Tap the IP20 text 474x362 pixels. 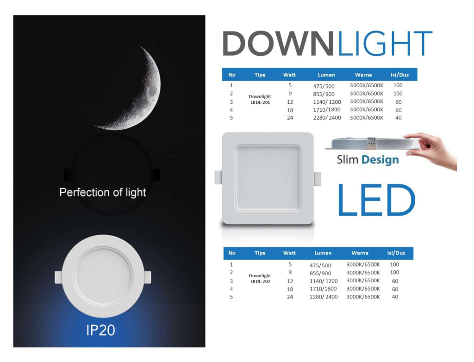click(100, 330)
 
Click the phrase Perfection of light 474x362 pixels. click(103, 192)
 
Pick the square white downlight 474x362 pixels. click(268, 178)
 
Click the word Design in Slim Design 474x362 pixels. click(380, 160)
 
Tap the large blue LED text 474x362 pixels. click(375, 201)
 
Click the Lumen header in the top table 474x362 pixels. click(326, 75)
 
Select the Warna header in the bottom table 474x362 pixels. click(360, 253)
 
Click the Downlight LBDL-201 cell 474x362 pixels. click(260, 99)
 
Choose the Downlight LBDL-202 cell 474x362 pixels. click(260, 278)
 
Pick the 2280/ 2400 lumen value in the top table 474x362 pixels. click(327, 118)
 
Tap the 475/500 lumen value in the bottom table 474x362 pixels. click(320, 266)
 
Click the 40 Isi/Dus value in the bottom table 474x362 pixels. click(395, 297)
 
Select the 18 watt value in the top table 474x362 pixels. click(290, 110)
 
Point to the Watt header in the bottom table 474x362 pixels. click(289, 253)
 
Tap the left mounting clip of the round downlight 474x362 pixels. click(59, 277)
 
